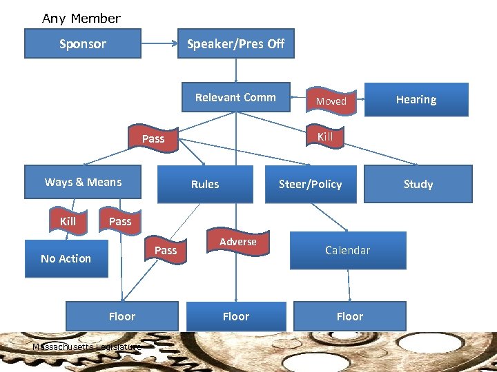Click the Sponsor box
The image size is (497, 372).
(x=83, y=43)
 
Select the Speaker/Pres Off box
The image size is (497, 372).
(x=235, y=43)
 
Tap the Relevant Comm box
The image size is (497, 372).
(x=235, y=98)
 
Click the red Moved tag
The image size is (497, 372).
(x=331, y=101)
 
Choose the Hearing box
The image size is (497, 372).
(x=416, y=100)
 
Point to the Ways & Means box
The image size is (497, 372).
(x=83, y=183)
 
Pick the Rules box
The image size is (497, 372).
(x=205, y=184)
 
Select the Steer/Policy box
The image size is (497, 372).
(x=311, y=184)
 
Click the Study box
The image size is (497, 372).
(x=418, y=184)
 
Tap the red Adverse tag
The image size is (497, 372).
(x=237, y=242)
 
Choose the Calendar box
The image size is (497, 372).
(x=348, y=250)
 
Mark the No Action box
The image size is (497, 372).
(x=66, y=258)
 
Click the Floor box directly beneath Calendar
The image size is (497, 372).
(x=349, y=316)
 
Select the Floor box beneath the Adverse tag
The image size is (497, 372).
(x=236, y=316)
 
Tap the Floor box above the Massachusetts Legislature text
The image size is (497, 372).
(x=122, y=316)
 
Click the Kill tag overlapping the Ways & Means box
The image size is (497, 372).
(x=68, y=221)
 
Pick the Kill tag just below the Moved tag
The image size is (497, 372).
(x=324, y=136)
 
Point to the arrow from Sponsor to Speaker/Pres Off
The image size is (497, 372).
(x=159, y=43)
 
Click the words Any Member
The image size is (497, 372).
(x=81, y=19)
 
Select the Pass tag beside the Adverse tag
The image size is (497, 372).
(x=165, y=250)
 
